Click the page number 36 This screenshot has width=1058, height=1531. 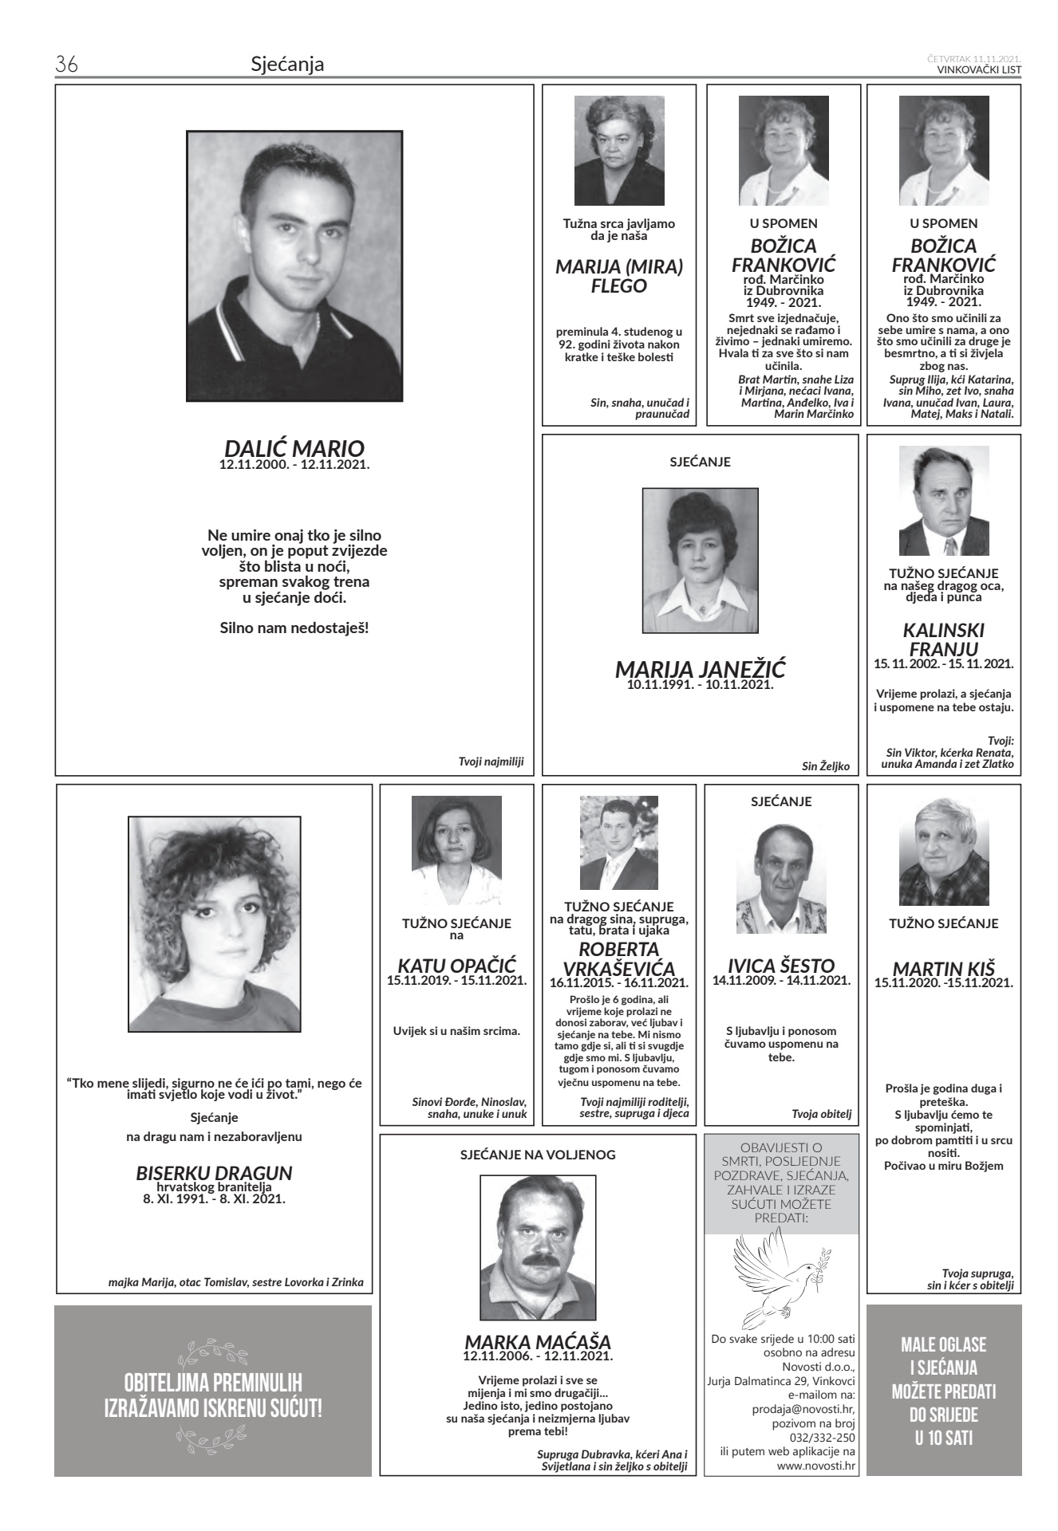[65, 65]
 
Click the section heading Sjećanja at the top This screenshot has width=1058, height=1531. [287, 65]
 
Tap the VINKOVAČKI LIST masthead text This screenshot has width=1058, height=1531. [979, 69]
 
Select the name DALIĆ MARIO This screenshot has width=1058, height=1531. [294, 448]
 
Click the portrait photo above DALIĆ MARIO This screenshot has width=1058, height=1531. [294, 266]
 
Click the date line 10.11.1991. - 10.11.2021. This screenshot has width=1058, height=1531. [701, 684]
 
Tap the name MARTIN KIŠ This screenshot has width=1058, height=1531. [944, 968]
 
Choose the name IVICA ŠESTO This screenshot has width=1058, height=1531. [781, 966]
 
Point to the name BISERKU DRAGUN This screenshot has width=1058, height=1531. [214, 1173]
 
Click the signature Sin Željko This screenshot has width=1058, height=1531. [825, 766]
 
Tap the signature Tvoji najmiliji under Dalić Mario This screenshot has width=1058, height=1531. [491, 762]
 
